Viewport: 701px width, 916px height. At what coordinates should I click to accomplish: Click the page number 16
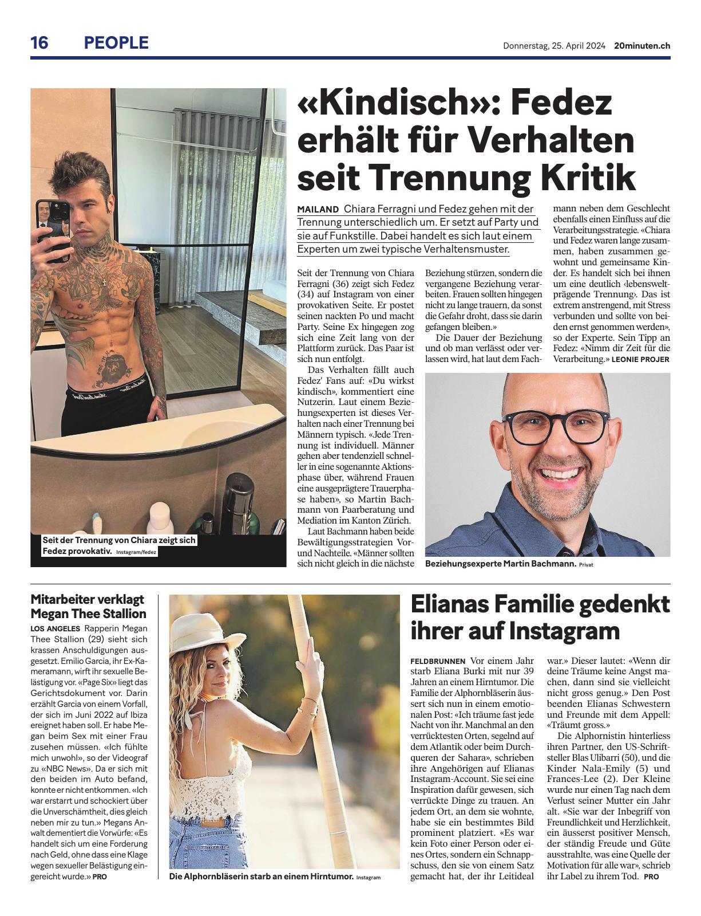pyautogui.click(x=40, y=43)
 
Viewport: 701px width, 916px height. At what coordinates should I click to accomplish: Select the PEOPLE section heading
pyautogui.click(x=116, y=43)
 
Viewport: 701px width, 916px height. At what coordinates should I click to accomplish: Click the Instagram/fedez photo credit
pyautogui.click(x=136, y=552)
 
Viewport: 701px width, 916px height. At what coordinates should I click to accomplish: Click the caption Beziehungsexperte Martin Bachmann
pyautogui.click(x=501, y=564)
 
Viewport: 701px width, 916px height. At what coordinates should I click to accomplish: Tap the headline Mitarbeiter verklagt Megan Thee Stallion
pyautogui.click(x=88, y=607)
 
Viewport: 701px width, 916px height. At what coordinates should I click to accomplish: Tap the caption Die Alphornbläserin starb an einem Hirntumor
pyautogui.click(x=260, y=876)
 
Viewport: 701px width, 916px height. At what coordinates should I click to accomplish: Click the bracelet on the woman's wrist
pyautogui.click(x=311, y=704)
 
